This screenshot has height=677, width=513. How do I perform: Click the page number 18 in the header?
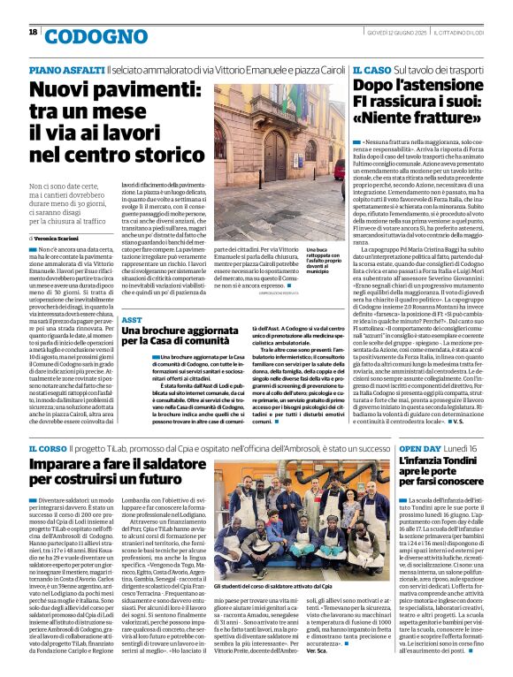point(33,32)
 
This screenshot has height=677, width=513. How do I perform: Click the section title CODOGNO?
point(84,36)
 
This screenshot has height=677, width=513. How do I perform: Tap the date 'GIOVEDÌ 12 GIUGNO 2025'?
point(389,32)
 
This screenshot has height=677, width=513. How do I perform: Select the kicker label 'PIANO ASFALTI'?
point(66,69)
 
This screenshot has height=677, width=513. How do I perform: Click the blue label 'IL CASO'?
point(371,68)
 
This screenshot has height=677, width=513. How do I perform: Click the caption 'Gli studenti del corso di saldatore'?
point(279,585)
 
